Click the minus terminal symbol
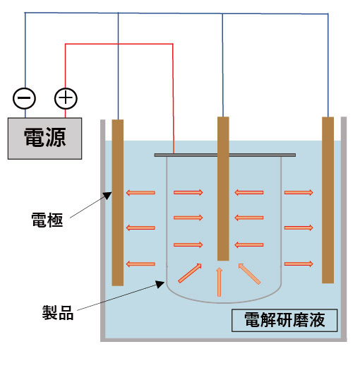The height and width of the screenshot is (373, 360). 24,98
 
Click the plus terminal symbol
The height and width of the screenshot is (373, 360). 66,98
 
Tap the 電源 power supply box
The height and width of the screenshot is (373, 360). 44,138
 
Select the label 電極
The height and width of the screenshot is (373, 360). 47,220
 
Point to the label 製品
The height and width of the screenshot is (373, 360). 58,313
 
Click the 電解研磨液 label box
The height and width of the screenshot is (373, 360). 284,320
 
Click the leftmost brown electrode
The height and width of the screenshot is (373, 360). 118,203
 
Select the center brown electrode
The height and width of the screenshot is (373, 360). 223,189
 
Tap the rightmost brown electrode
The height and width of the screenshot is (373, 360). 328,200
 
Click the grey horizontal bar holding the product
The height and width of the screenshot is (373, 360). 224,155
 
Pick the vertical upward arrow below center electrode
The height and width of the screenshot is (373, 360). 219,282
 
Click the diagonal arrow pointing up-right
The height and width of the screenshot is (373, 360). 190,273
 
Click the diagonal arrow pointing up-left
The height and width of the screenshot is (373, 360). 249,274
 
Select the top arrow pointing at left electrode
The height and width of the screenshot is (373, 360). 140,193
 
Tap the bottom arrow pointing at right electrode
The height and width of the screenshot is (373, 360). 299,264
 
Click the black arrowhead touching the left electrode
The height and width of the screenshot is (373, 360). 107,196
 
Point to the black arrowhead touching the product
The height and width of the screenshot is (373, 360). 160,284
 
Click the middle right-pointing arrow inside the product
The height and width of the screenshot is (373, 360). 188,218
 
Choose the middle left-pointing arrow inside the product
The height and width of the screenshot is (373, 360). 248,218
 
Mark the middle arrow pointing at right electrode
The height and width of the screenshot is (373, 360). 299,228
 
